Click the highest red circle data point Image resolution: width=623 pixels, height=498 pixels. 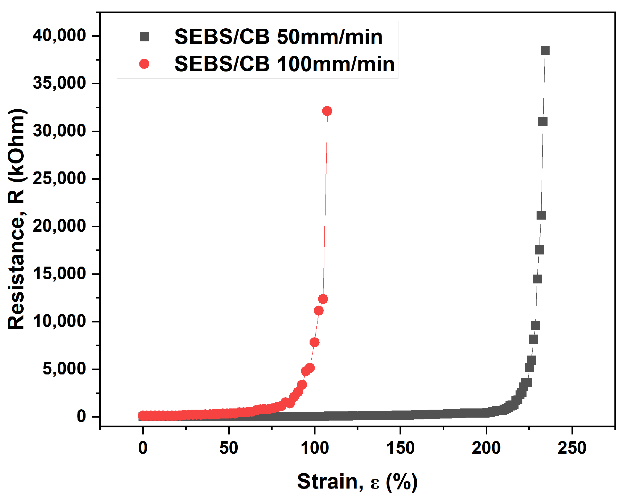click(327, 111)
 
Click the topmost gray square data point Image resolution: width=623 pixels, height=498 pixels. click(545, 51)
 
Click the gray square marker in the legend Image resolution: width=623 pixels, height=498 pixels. click(144, 37)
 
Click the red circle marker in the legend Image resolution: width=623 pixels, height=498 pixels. click(144, 64)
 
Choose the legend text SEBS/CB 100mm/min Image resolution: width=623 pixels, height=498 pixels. click(284, 64)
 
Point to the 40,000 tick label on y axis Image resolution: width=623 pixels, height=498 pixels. click(59, 35)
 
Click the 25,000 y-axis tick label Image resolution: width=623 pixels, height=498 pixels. click(59, 179)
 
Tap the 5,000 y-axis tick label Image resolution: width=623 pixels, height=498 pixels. click(64, 369)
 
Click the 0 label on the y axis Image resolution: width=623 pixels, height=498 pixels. click(81, 416)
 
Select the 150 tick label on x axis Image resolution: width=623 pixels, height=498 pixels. click(400, 448)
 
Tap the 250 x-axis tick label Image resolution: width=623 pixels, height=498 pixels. click(572, 448)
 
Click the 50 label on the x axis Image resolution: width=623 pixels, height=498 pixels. click(228, 448)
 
